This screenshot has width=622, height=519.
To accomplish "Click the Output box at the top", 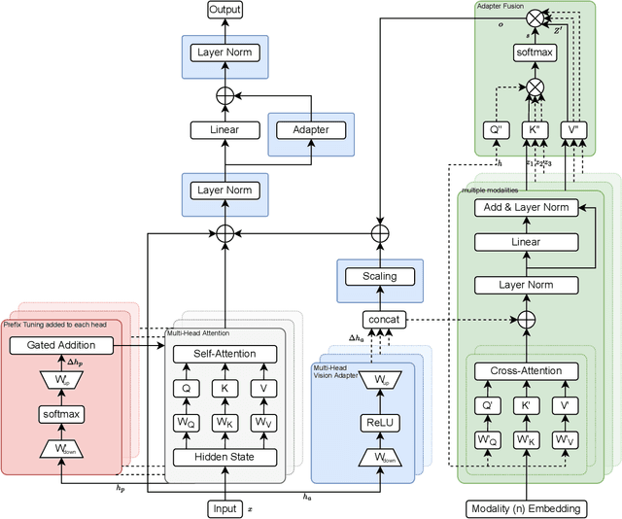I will point(225,10).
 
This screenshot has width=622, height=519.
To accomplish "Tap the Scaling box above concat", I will point(379,276).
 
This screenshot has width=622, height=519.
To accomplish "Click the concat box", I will point(379,319).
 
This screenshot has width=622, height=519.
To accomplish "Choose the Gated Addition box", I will point(60,344).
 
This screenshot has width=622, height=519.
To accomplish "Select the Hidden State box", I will point(225,457).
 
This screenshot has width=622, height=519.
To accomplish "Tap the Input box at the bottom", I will point(225,508).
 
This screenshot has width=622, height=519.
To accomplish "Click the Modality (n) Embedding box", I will point(527,508).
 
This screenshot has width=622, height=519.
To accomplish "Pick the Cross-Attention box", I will point(527,371).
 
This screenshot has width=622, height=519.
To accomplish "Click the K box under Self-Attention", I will point(225,389).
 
